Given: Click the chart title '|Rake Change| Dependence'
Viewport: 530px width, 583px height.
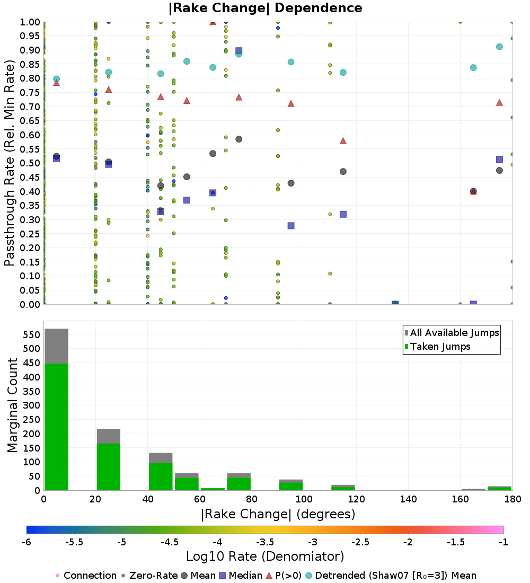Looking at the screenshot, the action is [265, 8].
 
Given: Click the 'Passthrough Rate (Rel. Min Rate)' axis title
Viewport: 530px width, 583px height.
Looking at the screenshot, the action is [9, 163].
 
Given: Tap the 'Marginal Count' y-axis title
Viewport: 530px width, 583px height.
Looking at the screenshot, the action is [12, 405].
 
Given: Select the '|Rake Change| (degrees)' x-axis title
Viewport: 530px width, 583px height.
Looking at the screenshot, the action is [278, 514].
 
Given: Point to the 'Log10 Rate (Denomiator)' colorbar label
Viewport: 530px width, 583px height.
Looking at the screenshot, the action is [265, 556].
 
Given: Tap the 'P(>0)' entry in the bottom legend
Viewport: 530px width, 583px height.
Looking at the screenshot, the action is [284, 576].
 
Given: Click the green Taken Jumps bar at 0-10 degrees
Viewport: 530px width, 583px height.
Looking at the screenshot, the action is [57, 427].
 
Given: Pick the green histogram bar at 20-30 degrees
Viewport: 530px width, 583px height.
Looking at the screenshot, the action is [109, 467].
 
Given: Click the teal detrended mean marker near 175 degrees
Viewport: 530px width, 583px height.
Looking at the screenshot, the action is [499, 47].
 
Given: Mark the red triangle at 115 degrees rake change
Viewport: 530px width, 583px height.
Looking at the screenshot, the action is [343, 140].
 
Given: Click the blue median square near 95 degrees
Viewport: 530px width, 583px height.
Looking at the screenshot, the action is [291, 226].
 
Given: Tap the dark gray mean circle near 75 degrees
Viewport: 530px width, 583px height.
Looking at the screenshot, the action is [239, 139].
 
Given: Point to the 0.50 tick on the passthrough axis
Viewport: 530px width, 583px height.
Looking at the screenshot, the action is [30, 163].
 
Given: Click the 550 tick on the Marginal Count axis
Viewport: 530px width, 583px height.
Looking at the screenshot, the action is [32, 335].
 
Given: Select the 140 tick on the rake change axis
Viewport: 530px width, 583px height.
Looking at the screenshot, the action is [409, 499].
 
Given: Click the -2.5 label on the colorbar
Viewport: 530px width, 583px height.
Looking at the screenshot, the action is [360, 542].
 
